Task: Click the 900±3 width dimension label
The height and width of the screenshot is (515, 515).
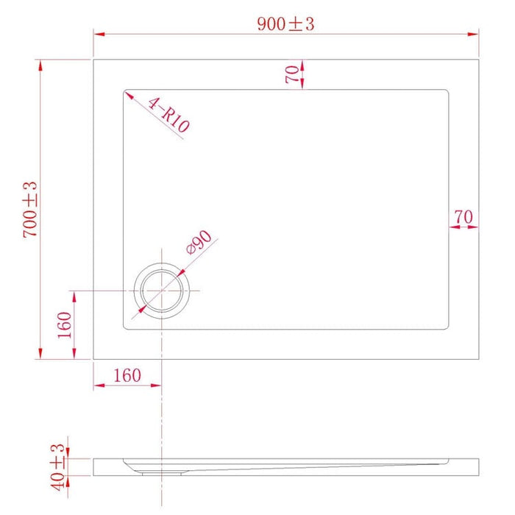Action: [285, 24]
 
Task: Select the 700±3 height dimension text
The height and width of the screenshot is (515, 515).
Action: [30, 209]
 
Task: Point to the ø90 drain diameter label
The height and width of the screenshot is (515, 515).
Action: [199, 242]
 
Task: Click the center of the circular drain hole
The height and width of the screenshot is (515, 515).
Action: [161, 291]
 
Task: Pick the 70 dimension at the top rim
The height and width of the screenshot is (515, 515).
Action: [292, 74]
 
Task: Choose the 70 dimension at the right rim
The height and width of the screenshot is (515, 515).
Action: [463, 217]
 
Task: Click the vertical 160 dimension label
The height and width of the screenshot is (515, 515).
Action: [64, 324]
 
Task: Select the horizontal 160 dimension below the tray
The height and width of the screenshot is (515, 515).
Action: [127, 375]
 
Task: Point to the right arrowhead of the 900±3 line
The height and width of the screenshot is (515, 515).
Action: [475, 33]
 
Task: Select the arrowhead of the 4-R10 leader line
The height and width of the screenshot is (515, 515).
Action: [126, 93]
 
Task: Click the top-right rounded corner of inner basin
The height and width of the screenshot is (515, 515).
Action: [446, 93]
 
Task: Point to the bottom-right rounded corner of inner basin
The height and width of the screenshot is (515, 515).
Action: [446, 327]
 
